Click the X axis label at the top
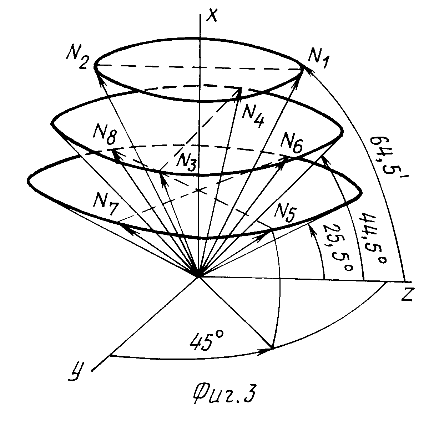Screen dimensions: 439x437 [212, 15]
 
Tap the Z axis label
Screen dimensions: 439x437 [407, 294]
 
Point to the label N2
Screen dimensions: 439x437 [77, 58]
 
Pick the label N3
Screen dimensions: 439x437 [186, 162]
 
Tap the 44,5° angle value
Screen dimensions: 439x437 [373, 239]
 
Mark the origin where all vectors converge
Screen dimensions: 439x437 [199, 277]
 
